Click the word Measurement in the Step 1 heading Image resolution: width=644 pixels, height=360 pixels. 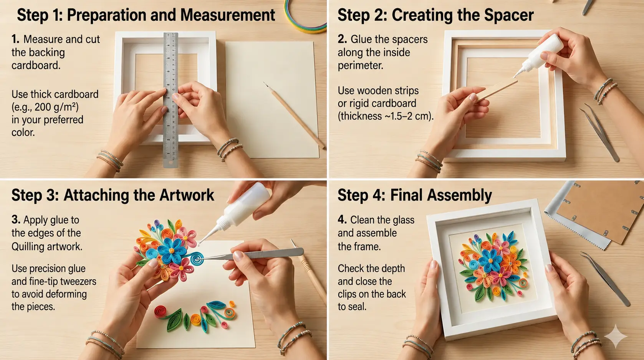click(227, 15)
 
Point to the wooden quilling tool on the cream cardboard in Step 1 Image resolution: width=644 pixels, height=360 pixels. click(294, 115)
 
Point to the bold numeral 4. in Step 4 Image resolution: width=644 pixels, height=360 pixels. click(342, 220)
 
